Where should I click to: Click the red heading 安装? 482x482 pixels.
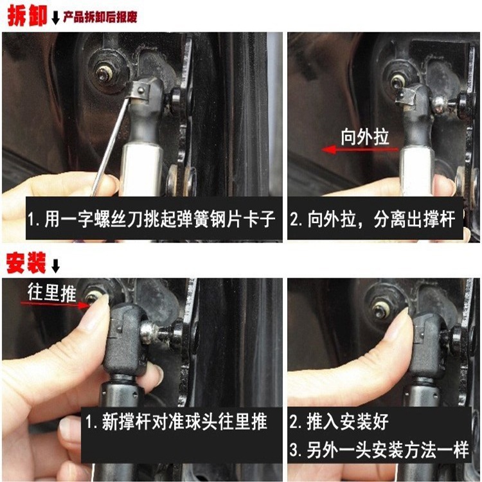tap(25, 262)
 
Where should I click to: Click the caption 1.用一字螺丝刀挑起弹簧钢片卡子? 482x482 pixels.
tap(151, 220)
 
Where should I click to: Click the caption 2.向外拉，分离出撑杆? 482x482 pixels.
tap(372, 220)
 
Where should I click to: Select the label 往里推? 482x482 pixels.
tap(51, 292)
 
